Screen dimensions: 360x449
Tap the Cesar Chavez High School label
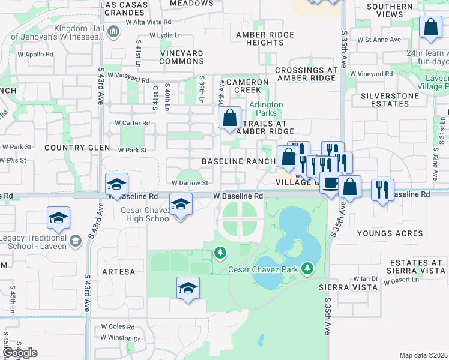coord(146,214)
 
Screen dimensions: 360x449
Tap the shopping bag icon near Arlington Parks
coord(230,118)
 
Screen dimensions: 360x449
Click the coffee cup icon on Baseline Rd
coord(330,183)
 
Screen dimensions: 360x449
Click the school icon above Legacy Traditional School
coord(58,218)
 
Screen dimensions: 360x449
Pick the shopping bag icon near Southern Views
coord(431,27)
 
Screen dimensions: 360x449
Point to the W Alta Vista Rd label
coord(149,22)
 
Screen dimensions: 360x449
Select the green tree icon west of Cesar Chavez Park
coord(221,253)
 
